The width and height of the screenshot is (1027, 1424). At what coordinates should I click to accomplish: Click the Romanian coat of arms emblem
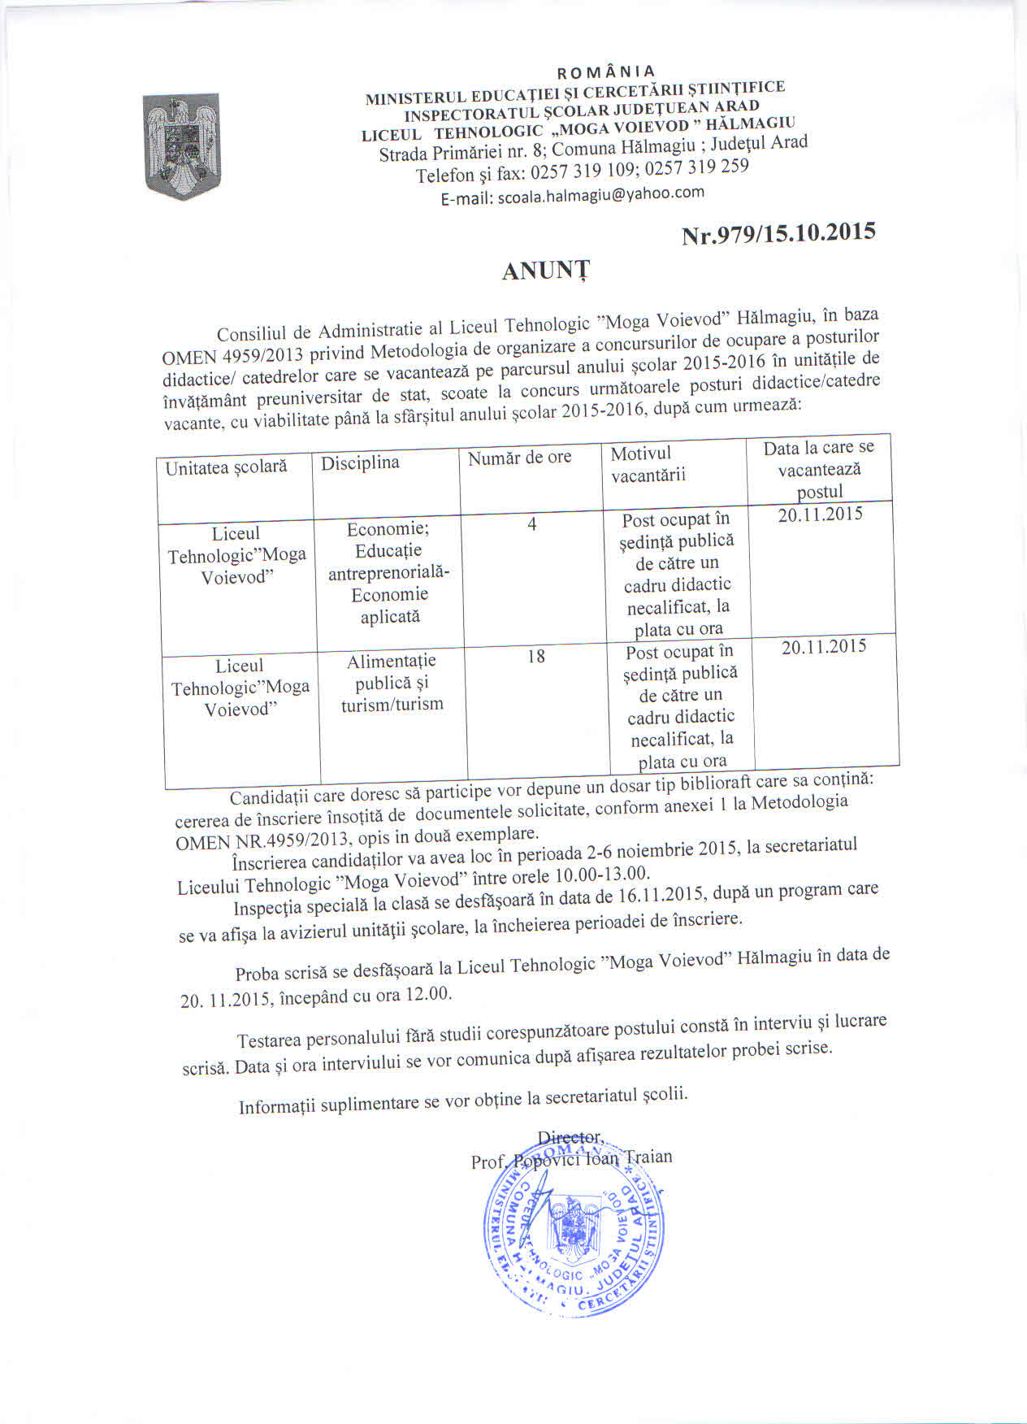181,145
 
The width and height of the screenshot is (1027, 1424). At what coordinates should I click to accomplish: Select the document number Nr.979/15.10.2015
778,233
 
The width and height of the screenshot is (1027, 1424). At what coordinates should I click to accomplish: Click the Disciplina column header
360,463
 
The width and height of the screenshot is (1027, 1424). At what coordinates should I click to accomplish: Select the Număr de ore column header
519,458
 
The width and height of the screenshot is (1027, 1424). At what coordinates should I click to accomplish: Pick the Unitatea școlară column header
226,467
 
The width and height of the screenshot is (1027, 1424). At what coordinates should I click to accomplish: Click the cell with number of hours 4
531,524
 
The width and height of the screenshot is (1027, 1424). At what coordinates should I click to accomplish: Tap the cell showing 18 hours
535,656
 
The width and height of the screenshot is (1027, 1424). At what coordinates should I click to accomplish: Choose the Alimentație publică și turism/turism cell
392,683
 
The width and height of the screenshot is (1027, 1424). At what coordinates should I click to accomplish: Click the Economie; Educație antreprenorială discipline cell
389,572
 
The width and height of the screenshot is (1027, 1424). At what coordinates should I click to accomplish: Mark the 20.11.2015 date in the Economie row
820,514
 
